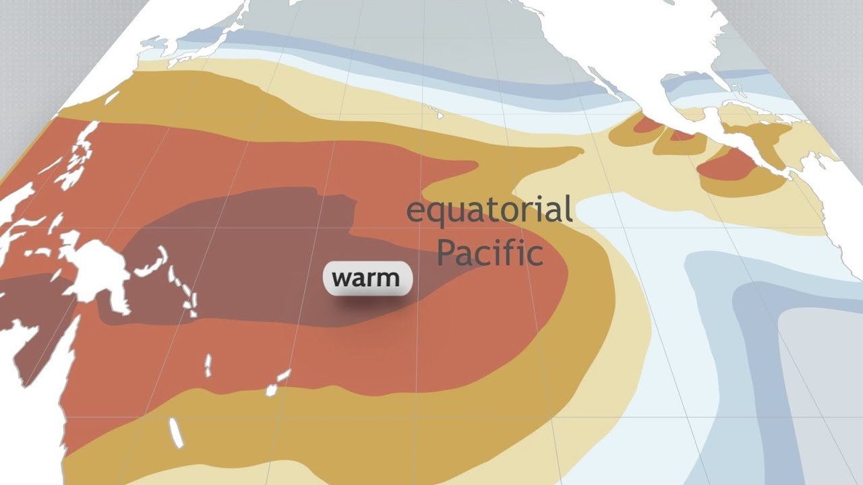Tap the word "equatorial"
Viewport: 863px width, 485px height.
489,211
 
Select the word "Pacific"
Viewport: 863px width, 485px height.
489,253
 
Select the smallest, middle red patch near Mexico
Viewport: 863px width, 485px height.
681,135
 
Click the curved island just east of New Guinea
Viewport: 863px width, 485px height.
152,263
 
